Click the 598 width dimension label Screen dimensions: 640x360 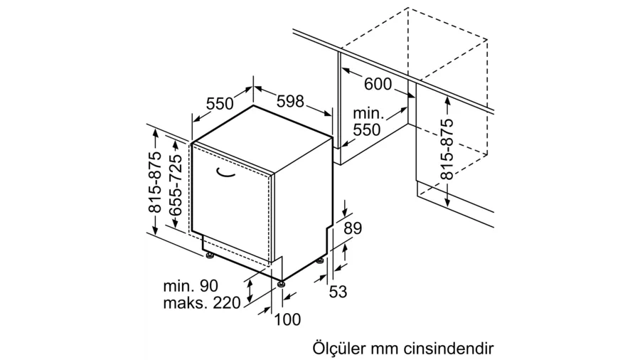tap(290, 101)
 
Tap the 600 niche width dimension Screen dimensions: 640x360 tap(378, 84)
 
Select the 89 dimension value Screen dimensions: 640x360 tap(353, 228)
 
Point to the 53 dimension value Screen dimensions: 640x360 tap(338, 292)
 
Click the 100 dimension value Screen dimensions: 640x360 tap(287, 319)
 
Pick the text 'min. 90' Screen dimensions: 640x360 tap(191, 286)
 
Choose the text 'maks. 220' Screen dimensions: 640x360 tap(202, 303)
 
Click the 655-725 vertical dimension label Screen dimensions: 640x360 tap(175, 185)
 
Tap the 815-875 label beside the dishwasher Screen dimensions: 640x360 tap(155, 182)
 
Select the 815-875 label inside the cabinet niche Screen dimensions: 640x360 tap(447, 149)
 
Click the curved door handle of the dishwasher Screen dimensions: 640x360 tap(225, 173)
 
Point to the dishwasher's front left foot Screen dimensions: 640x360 tap(210, 256)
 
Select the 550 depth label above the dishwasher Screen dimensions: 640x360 tap(220, 104)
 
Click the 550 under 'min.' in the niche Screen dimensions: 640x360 tap(366, 129)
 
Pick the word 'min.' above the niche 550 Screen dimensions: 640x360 tap(368, 112)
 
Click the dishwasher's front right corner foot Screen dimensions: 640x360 tap(281, 284)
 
